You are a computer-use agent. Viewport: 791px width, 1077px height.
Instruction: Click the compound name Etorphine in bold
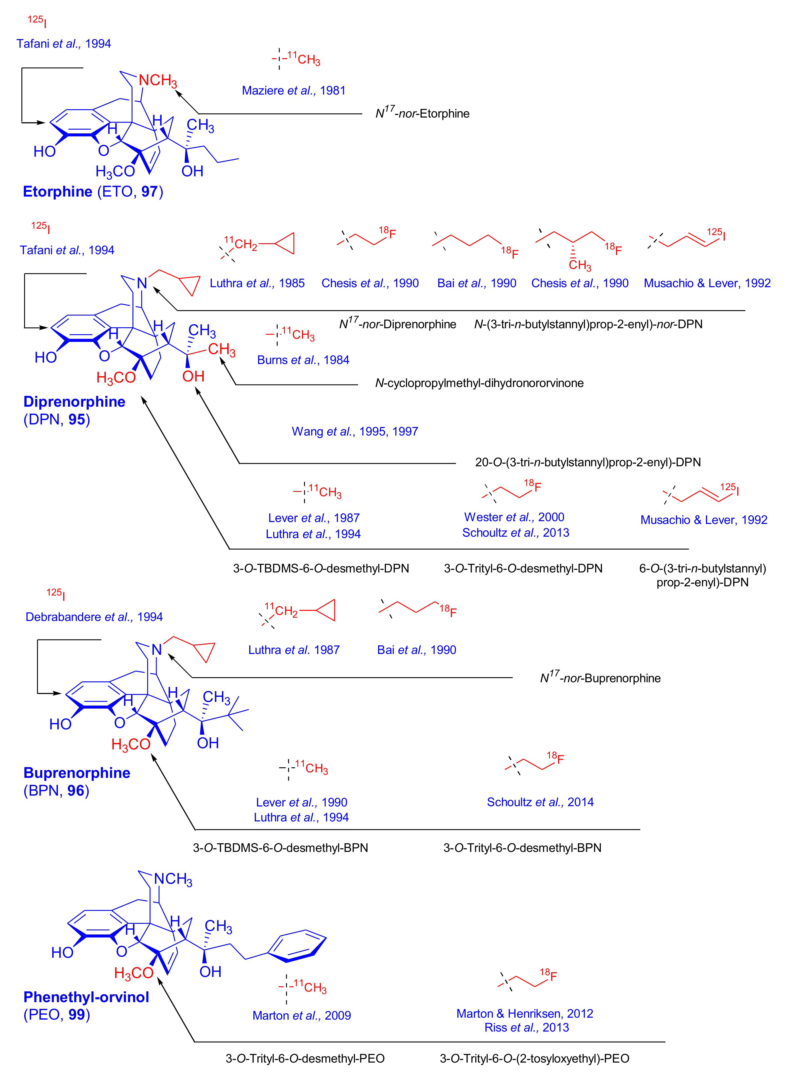[x=57, y=192]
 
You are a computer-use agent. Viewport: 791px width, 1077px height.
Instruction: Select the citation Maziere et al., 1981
[x=294, y=90]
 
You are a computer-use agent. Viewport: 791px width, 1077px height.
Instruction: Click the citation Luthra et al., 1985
[x=257, y=283]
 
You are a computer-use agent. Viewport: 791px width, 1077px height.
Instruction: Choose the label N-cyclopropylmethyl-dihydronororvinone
[x=479, y=383]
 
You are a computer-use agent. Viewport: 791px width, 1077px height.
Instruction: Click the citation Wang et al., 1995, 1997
[x=355, y=431]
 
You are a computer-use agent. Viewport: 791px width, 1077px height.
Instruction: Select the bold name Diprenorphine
[x=74, y=401]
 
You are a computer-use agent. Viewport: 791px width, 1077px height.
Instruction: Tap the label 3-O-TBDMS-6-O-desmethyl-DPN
[x=321, y=568]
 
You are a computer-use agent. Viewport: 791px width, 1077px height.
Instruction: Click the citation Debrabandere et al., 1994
[x=94, y=617]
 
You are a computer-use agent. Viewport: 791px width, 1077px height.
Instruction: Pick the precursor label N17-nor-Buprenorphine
[x=600, y=678]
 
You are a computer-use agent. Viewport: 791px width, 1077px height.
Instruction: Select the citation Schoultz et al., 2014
[x=540, y=802]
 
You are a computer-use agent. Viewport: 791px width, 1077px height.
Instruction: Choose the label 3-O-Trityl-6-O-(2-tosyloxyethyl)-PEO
[x=534, y=1058]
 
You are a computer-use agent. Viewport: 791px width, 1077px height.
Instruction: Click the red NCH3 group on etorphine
[x=157, y=80]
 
